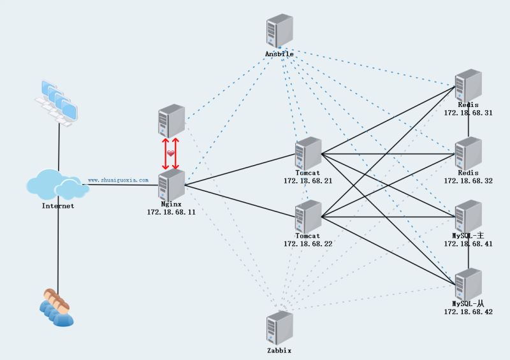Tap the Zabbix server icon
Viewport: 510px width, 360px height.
coord(279,328)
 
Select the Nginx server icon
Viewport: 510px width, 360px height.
coord(171,185)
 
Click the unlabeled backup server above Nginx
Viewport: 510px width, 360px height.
coord(171,121)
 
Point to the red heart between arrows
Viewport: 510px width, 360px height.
coord(171,154)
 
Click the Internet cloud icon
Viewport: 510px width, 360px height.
coord(57,185)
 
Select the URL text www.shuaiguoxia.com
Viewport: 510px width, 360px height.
coord(118,180)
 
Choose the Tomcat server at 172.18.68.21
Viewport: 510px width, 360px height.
coord(309,153)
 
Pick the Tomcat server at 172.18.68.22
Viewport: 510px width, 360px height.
coord(309,216)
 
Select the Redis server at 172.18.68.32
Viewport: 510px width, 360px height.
coord(468,153)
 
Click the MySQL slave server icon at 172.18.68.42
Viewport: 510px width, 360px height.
coord(468,284)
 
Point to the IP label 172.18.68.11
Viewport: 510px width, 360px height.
coord(171,212)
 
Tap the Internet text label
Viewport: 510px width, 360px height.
coord(57,206)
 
